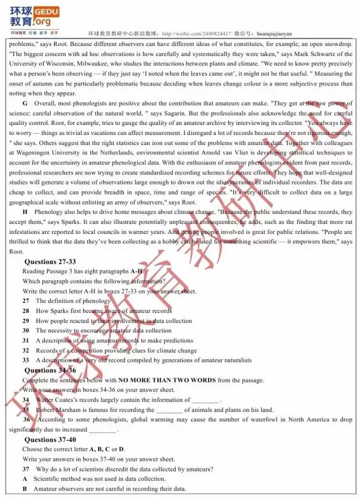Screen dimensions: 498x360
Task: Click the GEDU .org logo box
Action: (47, 16)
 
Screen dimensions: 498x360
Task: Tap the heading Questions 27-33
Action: (50, 262)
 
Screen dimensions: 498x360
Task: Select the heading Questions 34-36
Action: (50, 370)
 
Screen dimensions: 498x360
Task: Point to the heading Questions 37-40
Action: (50, 440)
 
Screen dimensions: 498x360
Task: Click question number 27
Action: (26, 301)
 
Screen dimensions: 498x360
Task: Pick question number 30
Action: (26, 331)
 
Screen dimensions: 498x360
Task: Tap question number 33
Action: (26, 360)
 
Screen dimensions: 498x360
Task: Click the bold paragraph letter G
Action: (25, 103)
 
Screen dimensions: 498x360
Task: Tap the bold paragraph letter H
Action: (25, 211)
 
